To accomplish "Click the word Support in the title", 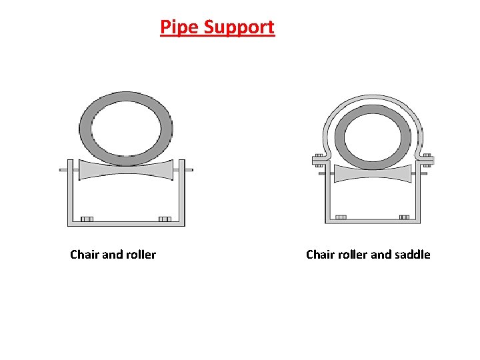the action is point(239,28).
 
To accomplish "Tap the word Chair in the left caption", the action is point(85,254).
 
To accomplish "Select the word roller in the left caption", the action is point(140,254).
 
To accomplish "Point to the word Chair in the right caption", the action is point(321,254).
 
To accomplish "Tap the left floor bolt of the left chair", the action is point(87,219).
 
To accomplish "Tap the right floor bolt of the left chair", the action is point(165,219).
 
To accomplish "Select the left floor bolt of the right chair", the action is point(341,217).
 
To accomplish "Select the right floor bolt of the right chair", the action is point(404,217).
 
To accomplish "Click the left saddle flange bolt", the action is point(319,159).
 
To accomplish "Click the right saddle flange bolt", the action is point(427,159).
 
